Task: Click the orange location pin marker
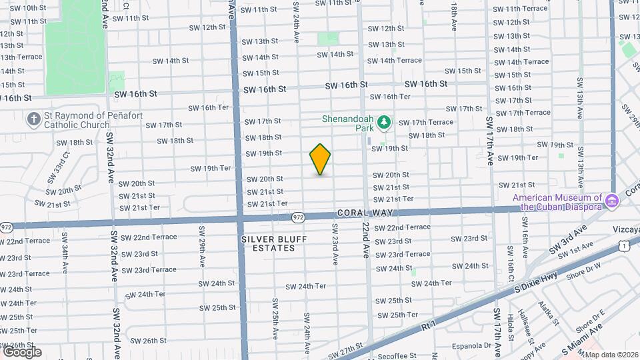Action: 320,159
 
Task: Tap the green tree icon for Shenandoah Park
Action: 383,123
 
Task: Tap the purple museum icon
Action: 610,199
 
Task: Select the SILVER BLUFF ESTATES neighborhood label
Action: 268,243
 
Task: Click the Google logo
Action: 21,351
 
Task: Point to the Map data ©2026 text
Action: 611,355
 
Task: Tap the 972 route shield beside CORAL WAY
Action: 298,217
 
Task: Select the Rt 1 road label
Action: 430,327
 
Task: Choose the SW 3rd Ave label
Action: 568,239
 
